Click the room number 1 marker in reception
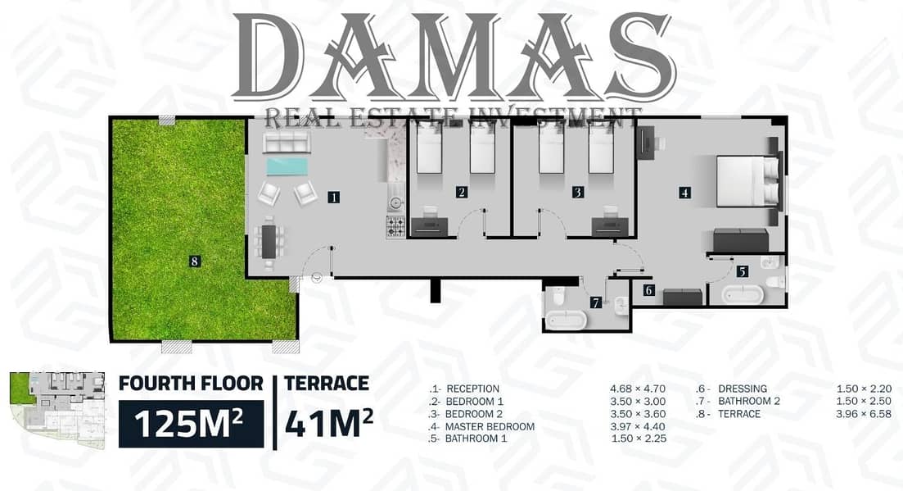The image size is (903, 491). coord(333,197)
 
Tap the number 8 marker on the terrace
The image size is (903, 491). coord(195,261)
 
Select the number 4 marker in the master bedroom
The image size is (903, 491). coord(684,193)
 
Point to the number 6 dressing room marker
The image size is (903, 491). coord(649,290)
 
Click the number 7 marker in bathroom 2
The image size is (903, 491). coord(596,302)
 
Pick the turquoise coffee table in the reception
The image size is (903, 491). coord(287,167)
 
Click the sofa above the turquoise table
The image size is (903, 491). coord(287,142)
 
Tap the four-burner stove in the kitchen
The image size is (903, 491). coord(395,226)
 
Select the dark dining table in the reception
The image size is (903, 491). coord(269,241)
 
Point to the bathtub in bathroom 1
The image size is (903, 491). coord(743,294)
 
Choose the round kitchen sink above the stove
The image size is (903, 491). coord(395,202)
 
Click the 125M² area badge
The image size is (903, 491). coord(192,424)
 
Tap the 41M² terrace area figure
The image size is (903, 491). coord(329,424)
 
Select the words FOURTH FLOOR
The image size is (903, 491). coord(191,384)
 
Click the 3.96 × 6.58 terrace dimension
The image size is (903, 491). coord(864,414)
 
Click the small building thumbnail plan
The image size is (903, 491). coord(57,411)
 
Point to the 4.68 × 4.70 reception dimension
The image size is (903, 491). coord(638,389)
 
